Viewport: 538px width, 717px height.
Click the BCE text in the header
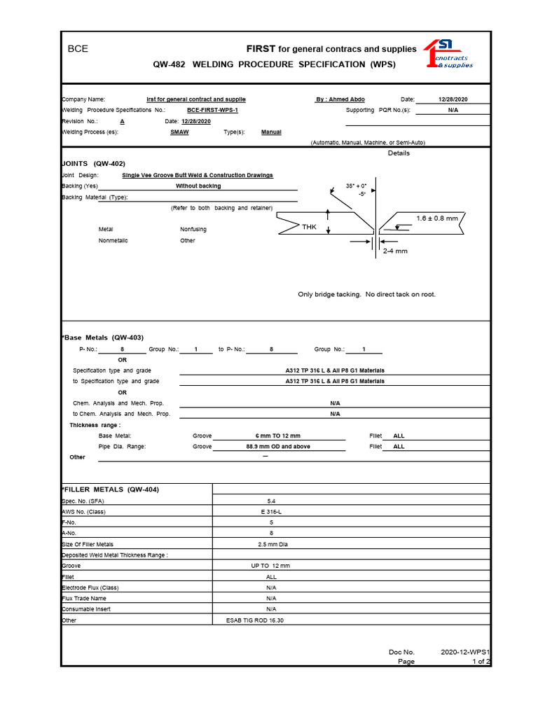coord(77,49)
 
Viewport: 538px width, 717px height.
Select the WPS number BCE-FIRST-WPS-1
coord(213,111)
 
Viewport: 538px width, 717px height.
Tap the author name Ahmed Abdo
coord(340,99)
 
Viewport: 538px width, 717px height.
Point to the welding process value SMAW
coord(179,132)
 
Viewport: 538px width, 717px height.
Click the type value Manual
coord(271,132)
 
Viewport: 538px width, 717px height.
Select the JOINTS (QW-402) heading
coord(94,163)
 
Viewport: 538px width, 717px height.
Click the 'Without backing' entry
coord(198,186)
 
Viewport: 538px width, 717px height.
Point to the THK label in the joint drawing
coord(309,227)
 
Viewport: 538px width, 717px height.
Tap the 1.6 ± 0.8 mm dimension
coord(436,218)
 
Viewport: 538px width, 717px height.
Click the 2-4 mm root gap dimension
coord(394,251)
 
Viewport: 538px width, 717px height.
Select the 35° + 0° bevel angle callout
coord(357,186)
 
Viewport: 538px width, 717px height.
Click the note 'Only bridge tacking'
coord(366,295)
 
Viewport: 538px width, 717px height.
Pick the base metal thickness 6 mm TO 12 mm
coord(278,436)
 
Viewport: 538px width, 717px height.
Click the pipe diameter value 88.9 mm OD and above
coord(278,446)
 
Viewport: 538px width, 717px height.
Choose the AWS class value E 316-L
coord(271,512)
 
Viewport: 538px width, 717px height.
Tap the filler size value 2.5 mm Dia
coord(271,544)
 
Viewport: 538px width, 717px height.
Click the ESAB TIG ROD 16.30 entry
coord(255,620)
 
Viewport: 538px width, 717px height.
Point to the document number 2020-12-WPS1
coord(465,652)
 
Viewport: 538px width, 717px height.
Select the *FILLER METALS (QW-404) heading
coord(110,489)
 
